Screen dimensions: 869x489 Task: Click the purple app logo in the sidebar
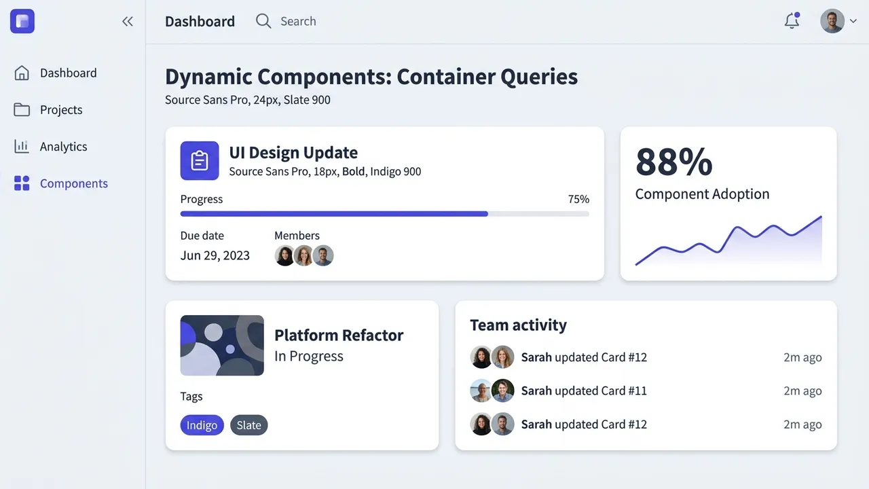click(22, 21)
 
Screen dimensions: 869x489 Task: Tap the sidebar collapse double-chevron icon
click(128, 21)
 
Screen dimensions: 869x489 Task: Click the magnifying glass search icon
click(263, 21)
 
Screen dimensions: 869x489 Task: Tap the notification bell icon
click(792, 20)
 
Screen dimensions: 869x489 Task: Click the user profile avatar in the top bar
click(832, 21)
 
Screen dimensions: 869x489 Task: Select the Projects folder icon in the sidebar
click(22, 110)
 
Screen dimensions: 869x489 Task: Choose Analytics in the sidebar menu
click(63, 147)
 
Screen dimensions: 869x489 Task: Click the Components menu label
click(74, 183)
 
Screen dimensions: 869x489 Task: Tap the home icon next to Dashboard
click(22, 73)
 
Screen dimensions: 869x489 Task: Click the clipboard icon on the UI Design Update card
click(200, 161)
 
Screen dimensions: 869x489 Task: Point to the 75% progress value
click(578, 199)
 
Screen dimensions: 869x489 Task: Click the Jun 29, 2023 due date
click(215, 255)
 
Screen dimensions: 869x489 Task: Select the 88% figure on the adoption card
click(674, 162)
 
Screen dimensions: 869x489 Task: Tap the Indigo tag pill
click(202, 425)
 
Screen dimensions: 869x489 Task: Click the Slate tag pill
click(248, 425)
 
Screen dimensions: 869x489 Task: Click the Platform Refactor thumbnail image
click(222, 346)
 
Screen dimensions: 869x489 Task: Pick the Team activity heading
click(518, 325)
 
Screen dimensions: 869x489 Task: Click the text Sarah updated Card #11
click(584, 391)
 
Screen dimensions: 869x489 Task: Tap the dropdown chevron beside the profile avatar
click(853, 21)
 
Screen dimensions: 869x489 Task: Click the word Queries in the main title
click(539, 77)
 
